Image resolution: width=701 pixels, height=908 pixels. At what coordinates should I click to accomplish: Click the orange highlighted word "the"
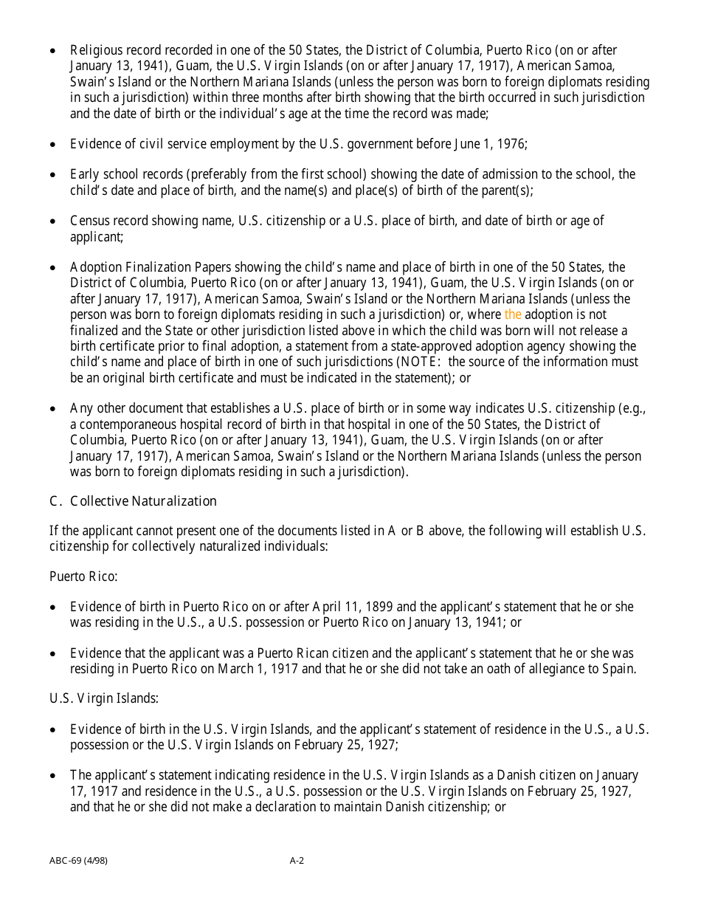point(513,314)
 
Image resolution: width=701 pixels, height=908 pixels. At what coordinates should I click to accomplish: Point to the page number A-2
point(297,860)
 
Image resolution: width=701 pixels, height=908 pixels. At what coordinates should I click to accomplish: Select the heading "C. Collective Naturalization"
point(133,501)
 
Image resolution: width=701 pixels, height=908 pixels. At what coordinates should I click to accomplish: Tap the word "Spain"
point(618,669)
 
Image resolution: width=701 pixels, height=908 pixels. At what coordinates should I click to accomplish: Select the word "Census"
point(89,221)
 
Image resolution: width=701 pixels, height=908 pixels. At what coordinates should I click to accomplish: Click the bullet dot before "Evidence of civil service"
point(52,145)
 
